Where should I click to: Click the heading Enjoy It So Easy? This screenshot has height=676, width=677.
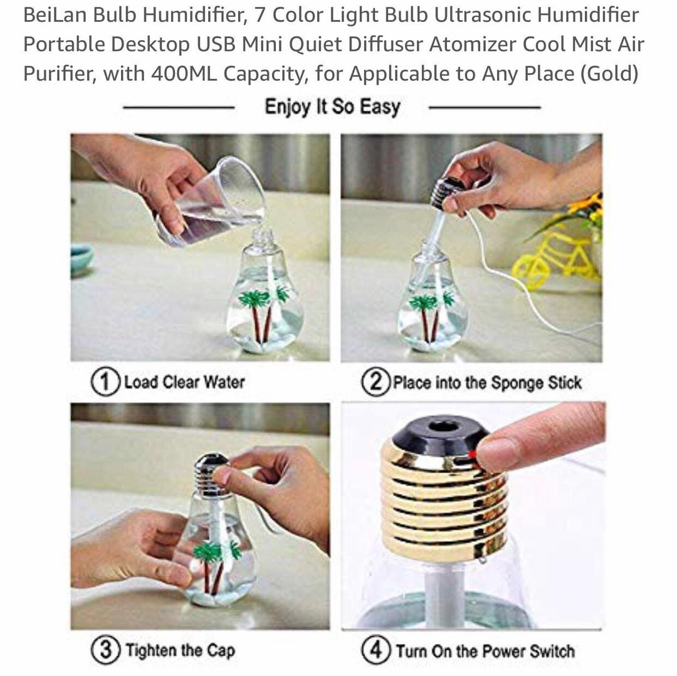click(x=332, y=107)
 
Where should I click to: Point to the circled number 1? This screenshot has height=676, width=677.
click(x=105, y=382)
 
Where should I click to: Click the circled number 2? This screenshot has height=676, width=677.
click(x=375, y=382)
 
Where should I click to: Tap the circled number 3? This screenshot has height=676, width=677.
click(x=105, y=650)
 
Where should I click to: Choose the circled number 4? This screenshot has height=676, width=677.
click(x=376, y=650)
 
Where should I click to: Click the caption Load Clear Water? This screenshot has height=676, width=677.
click(x=184, y=382)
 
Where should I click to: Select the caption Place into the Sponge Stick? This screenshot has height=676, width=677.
click(x=487, y=383)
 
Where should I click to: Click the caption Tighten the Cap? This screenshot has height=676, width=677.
click(x=180, y=650)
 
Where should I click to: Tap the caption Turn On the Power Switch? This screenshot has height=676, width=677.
click(x=485, y=651)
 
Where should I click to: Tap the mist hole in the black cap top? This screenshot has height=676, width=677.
click(x=444, y=427)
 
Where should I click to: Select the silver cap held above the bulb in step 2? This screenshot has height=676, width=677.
click(x=442, y=192)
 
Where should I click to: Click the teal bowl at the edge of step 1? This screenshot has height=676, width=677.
click(x=81, y=258)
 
